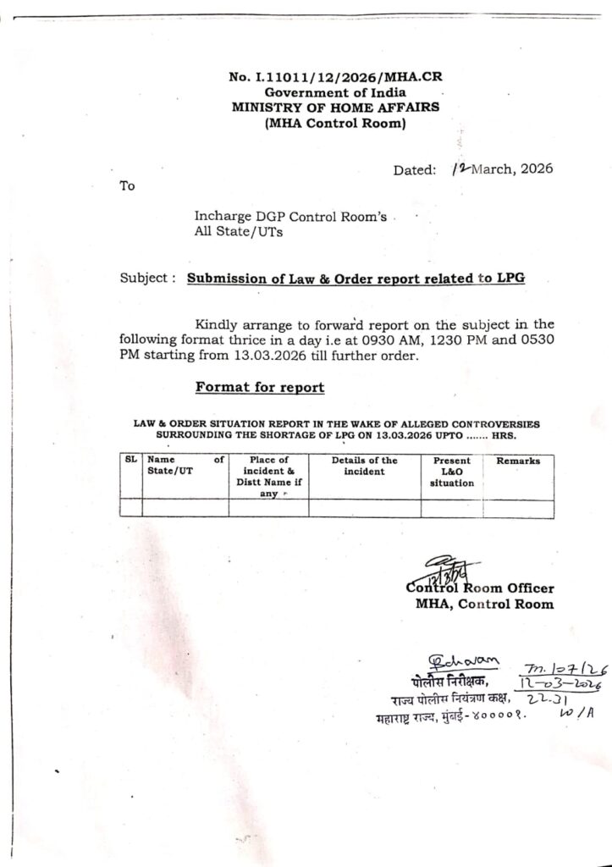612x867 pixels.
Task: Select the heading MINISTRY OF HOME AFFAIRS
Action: pos(335,108)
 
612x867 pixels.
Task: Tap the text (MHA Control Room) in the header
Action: pos(335,124)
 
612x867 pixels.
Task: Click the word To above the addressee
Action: pos(128,186)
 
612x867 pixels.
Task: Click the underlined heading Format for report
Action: pos(260,387)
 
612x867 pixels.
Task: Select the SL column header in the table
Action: pos(131,460)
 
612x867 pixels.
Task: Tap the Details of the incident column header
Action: pos(365,466)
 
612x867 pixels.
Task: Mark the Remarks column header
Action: pos(518,461)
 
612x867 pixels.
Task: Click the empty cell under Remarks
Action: pos(518,508)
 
